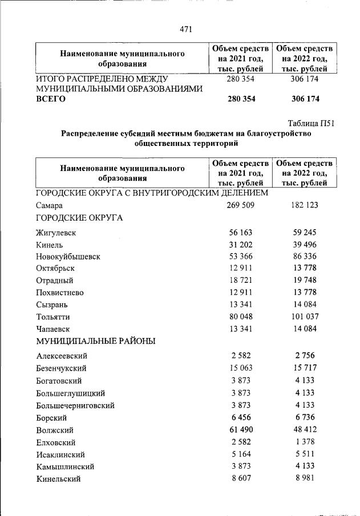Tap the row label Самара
pos(48,205)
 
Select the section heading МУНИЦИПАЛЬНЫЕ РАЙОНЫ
pos(96,341)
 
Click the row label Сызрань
pos(52,304)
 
